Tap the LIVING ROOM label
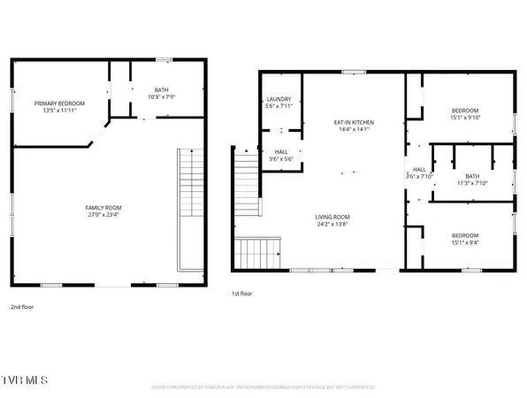point(333,217)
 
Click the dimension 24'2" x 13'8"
point(333,225)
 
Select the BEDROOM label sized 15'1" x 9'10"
point(465,110)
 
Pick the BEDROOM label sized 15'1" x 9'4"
point(465,226)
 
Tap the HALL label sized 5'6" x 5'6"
point(281,152)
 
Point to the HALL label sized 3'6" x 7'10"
point(419,169)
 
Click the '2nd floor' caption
point(22,307)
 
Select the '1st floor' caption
point(242,293)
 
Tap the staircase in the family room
point(187,208)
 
